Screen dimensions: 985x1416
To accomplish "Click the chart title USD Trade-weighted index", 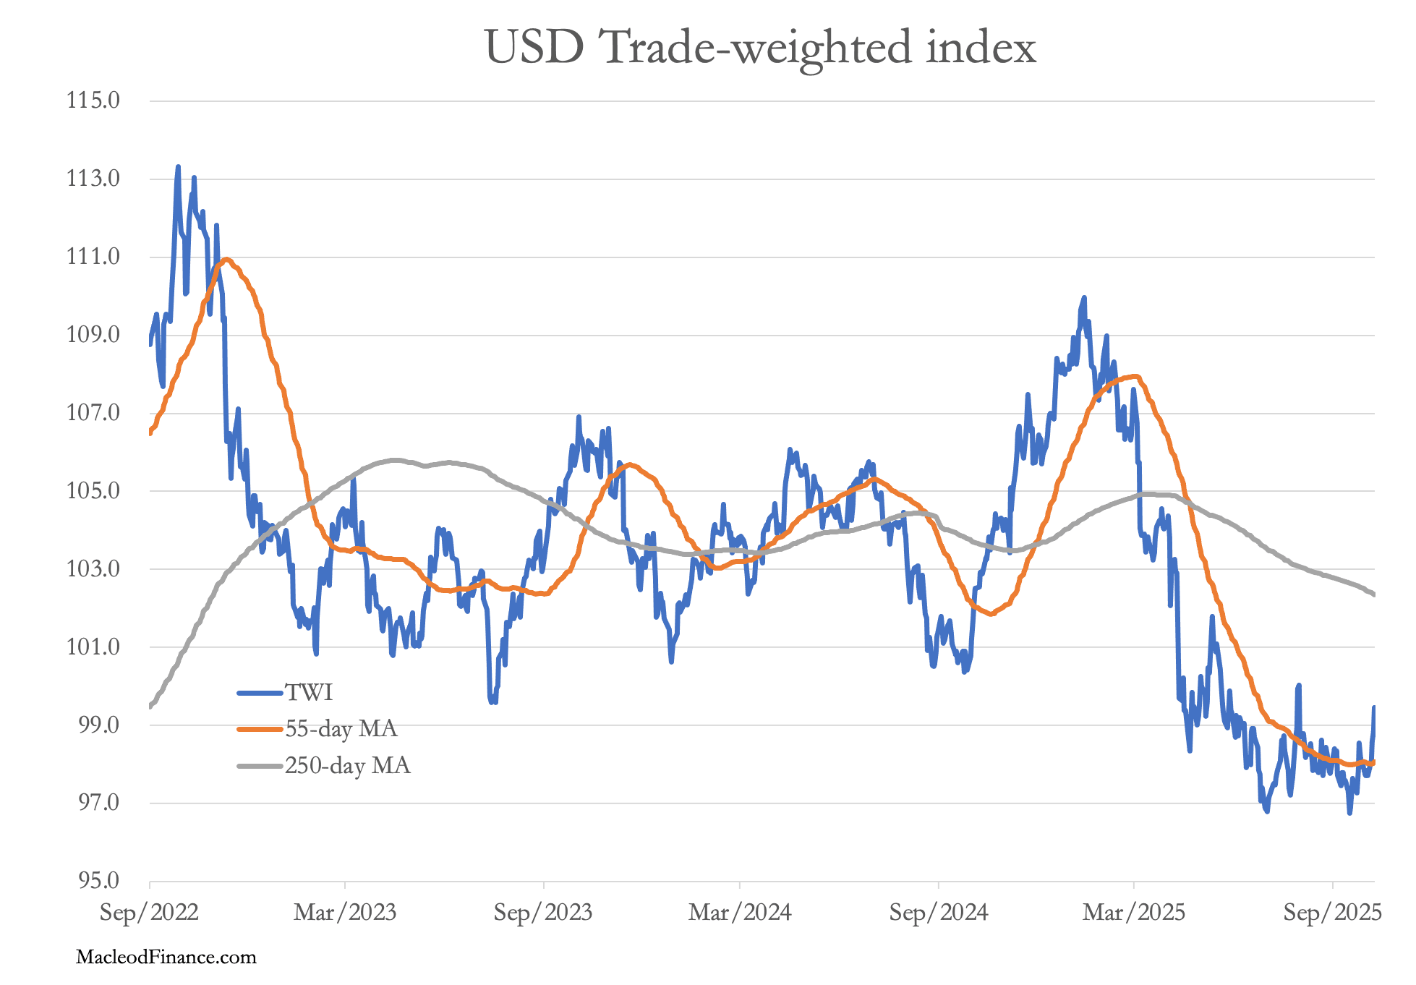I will tap(760, 48).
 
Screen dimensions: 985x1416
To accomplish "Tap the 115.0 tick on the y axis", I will tap(93, 100).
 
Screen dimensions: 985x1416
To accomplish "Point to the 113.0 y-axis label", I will tap(93, 178).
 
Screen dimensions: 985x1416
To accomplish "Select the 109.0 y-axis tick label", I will tap(93, 335).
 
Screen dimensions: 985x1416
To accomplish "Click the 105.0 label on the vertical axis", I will tap(93, 491).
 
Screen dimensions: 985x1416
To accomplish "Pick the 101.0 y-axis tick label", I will tap(93, 647).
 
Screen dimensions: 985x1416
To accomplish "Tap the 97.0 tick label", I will tap(93, 802).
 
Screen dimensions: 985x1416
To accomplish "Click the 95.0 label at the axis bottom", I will tap(93, 880).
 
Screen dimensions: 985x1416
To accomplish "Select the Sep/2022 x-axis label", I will tap(149, 913).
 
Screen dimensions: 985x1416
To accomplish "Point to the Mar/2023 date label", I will tap(345, 913).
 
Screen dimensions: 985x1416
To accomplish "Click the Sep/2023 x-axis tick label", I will tap(543, 913).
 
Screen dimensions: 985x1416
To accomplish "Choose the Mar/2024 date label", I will tap(740, 913).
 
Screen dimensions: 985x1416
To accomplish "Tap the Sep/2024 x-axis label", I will tap(939, 913).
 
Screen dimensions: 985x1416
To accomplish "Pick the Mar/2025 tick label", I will tap(1134, 913).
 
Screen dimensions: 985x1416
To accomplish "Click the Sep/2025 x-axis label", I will tap(1333, 913).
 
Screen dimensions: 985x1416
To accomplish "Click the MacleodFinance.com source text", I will tap(166, 958).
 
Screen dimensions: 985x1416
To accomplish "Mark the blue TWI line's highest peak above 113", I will tap(178, 167).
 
